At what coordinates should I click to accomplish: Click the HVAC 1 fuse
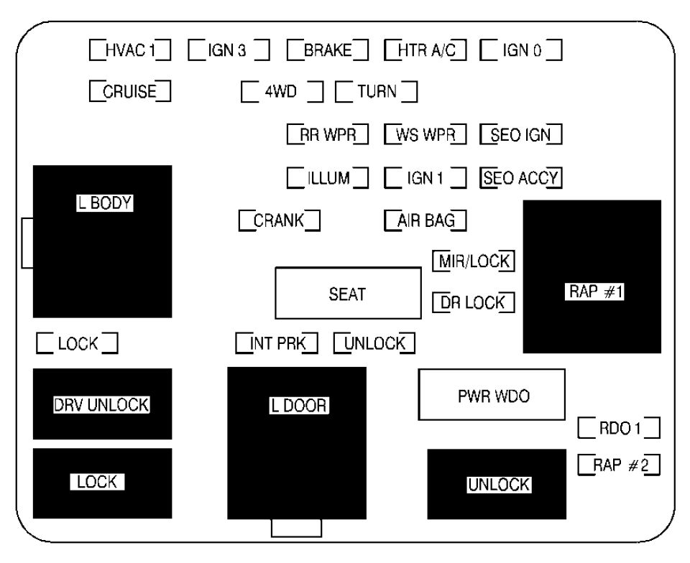click(x=130, y=50)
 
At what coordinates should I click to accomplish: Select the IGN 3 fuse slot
click(x=229, y=50)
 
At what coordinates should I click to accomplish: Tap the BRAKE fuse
click(x=327, y=50)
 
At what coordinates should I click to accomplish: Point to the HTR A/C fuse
click(x=425, y=50)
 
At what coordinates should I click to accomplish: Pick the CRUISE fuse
click(x=130, y=92)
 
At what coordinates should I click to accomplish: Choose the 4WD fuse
click(x=282, y=92)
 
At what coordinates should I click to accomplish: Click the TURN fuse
click(x=377, y=92)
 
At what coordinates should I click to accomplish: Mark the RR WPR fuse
click(x=327, y=134)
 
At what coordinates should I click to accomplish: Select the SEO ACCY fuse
click(x=520, y=177)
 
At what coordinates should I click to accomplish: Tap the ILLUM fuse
click(x=327, y=177)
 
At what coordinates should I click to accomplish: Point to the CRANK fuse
click(x=279, y=220)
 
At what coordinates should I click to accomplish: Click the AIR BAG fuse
click(x=425, y=220)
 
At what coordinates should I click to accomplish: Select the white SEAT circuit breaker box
click(x=348, y=293)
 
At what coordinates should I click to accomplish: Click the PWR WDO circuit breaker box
click(x=492, y=394)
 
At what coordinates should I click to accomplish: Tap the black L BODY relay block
click(x=102, y=241)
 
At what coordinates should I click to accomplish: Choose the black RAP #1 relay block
click(x=592, y=276)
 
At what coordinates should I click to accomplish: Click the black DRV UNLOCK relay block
click(x=102, y=404)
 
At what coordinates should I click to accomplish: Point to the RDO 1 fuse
click(x=619, y=429)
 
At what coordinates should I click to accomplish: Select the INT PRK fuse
click(x=277, y=343)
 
